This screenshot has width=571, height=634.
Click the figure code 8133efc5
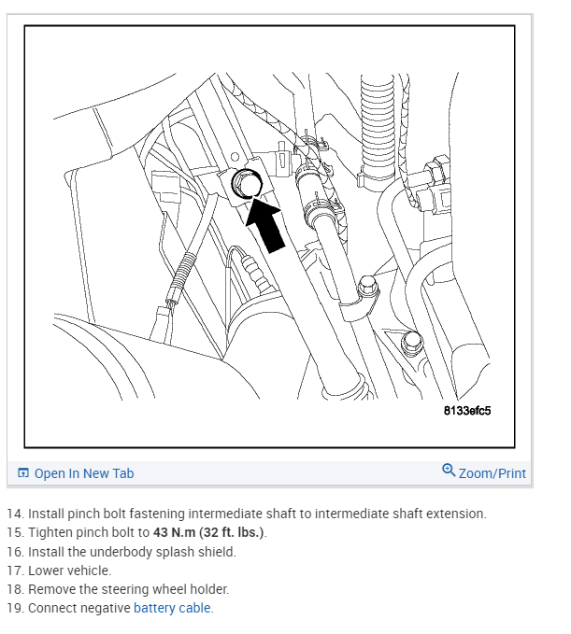pyautogui.click(x=467, y=411)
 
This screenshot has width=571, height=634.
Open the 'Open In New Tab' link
pyautogui.click(x=83, y=473)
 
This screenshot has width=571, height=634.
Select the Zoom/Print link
pyautogui.click(x=492, y=473)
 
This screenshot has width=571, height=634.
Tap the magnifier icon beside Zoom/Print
pyautogui.click(x=449, y=471)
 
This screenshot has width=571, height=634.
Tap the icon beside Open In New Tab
pyautogui.click(x=23, y=473)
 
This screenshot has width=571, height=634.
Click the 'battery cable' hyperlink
pyautogui.click(x=173, y=608)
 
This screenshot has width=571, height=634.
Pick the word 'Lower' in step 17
pyautogui.click(x=46, y=571)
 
